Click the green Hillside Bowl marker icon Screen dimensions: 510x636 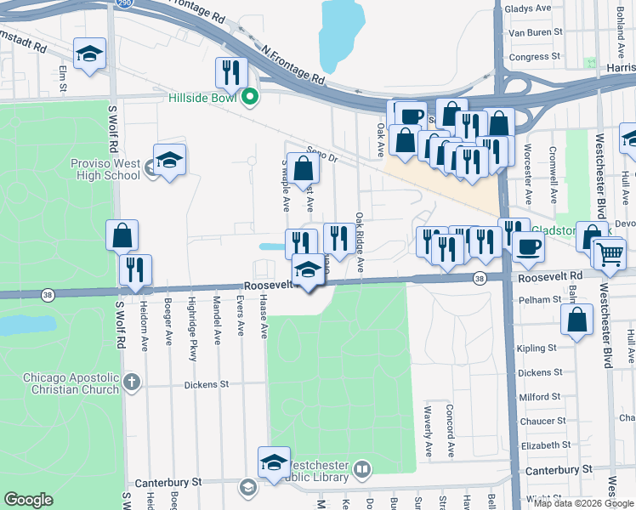[x=249, y=97]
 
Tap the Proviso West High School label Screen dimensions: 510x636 [x=105, y=169]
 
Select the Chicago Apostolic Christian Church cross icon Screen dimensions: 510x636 [x=131, y=382]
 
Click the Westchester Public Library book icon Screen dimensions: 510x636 [x=362, y=469]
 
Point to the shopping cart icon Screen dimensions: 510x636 [x=609, y=252]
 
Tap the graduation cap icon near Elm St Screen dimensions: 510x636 [x=89, y=54]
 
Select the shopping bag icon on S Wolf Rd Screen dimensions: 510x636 [x=122, y=235]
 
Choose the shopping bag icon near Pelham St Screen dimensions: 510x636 [x=576, y=321]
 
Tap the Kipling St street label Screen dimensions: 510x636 [x=537, y=348]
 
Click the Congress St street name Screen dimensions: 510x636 [x=534, y=57]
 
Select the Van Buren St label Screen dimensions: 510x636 [x=535, y=32]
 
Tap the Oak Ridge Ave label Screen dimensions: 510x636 [x=360, y=242]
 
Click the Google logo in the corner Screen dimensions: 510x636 [x=28, y=500]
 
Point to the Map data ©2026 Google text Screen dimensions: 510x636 [x=582, y=503]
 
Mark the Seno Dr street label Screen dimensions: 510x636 [x=322, y=154]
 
